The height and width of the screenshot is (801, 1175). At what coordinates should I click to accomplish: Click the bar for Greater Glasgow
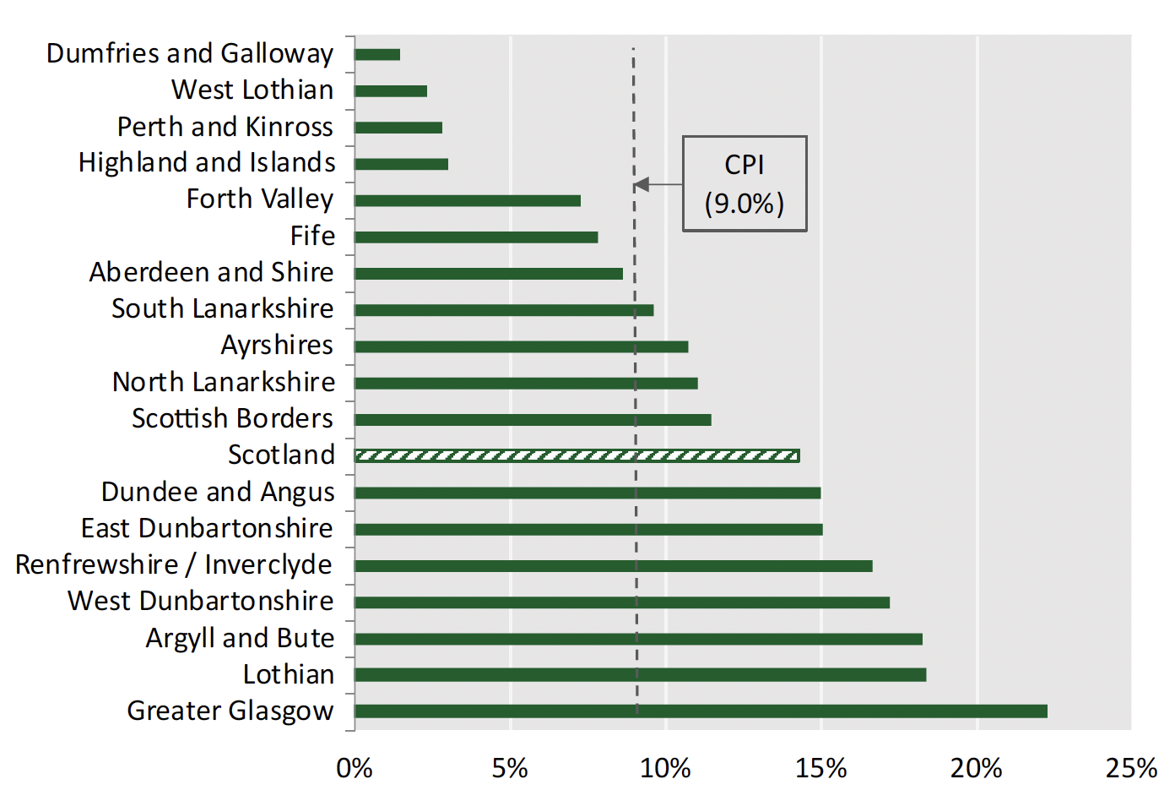tap(701, 711)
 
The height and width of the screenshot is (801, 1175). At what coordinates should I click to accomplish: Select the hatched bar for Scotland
tap(577, 456)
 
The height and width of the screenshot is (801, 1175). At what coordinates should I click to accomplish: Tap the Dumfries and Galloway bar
tap(377, 55)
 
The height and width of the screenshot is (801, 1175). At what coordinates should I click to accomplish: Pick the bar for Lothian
tap(640, 675)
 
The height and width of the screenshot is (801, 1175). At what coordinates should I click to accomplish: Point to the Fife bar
tap(476, 237)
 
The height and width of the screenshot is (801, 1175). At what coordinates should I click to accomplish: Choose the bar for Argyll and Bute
tap(638, 639)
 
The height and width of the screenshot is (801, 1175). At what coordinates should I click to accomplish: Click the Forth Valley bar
tap(468, 201)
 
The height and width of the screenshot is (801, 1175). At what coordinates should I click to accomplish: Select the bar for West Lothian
tap(391, 91)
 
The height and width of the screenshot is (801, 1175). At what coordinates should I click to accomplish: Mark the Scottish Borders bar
tap(533, 420)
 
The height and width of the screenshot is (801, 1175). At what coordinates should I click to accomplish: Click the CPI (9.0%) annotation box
tap(745, 183)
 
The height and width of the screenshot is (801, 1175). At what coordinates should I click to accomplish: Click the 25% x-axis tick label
tap(1131, 768)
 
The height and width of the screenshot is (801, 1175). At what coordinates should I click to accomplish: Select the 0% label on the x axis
tap(355, 768)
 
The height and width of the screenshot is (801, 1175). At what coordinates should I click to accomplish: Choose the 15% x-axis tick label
tap(820, 768)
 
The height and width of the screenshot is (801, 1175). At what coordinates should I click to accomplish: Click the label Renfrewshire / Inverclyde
tap(174, 564)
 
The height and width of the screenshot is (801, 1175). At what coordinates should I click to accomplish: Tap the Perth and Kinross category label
tap(225, 127)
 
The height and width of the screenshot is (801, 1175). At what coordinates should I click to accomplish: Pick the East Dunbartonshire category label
tap(207, 528)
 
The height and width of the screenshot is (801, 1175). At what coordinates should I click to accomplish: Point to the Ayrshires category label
tap(277, 346)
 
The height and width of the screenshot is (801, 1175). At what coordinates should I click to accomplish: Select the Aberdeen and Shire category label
tap(211, 272)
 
